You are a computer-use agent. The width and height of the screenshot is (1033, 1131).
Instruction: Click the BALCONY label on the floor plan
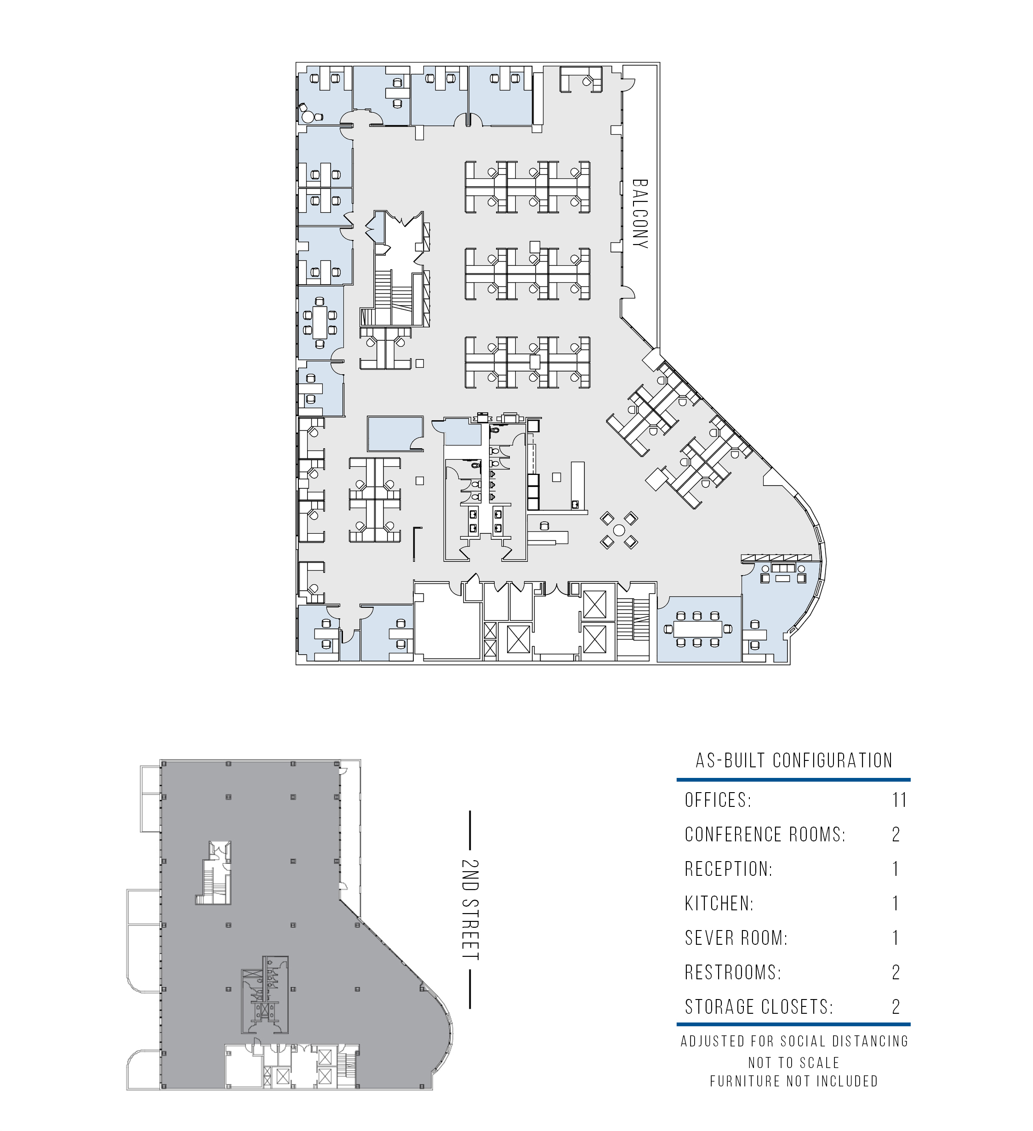coord(640,214)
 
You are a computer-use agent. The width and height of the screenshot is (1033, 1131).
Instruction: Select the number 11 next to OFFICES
coord(900,800)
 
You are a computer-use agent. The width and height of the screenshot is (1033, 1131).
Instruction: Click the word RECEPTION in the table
coord(728,869)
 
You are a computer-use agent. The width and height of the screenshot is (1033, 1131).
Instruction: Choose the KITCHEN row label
coord(719,904)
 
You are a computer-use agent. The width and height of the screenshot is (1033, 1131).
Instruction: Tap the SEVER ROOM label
coord(736,938)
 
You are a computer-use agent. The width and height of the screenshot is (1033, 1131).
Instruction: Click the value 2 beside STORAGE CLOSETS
coord(896,1007)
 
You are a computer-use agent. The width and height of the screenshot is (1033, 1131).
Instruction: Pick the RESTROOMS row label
coord(733,972)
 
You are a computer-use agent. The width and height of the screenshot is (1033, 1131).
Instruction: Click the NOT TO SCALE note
coord(794,1063)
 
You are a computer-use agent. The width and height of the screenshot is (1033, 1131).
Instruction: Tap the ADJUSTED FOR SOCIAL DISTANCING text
coord(794,1042)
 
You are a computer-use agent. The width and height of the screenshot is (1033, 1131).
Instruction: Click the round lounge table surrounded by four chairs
coord(619,530)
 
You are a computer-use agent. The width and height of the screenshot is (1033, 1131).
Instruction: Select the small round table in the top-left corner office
coord(307,117)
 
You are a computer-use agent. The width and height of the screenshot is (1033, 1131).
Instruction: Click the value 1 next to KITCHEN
coord(896,904)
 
